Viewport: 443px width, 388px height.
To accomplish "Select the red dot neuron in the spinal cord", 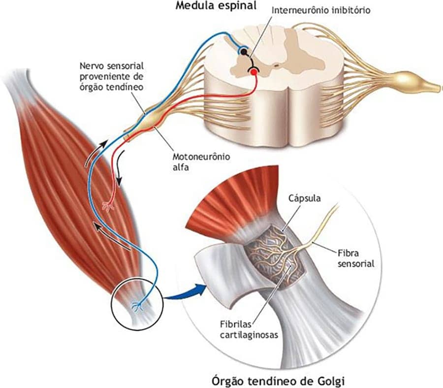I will coord(253,72).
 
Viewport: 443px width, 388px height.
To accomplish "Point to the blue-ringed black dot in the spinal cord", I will coord(244,51).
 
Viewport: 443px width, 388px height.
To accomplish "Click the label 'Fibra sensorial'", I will coord(356,259).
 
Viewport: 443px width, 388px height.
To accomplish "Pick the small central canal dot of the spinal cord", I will coord(277,65).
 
